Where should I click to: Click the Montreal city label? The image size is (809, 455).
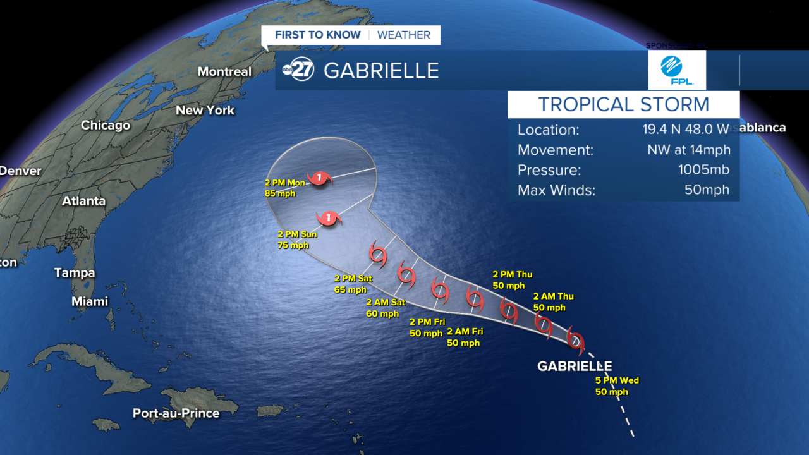coord(224,71)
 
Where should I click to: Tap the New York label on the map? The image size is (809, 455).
coord(205,110)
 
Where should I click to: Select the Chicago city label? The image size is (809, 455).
coord(106,125)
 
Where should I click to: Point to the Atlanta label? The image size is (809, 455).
coord(83,201)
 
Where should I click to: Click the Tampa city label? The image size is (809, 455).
coord(74,272)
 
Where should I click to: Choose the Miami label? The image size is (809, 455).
coord(89,301)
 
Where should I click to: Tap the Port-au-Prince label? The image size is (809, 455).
coord(176,413)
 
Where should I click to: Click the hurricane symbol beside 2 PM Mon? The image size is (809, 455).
coord(319,178)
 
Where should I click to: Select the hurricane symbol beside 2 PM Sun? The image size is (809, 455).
coord(329,219)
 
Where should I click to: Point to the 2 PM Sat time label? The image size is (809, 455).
coord(353,279)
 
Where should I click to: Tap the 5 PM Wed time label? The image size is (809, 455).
coord(617,380)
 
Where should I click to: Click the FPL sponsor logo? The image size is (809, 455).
coord(676,70)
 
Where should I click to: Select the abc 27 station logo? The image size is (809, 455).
coord(298,70)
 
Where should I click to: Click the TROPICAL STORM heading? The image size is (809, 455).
coord(623,104)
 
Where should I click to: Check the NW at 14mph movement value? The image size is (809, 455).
coord(688,150)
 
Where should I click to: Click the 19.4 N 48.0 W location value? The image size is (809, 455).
coord(686,130)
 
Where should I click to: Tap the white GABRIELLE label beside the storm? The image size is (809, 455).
coord(574,366)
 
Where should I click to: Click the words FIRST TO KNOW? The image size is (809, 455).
coord(318,35)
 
